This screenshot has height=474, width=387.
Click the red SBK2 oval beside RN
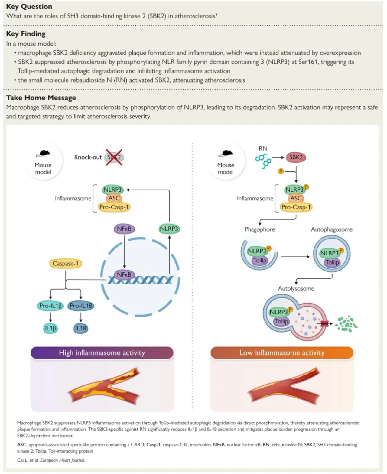[x=296, y=157]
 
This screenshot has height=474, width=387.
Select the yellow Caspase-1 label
[x=65, y=264]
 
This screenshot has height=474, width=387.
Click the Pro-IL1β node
[x=50, y=306]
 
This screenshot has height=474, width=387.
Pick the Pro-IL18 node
[x=81, y=306]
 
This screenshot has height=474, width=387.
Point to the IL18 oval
[x=81, y=328]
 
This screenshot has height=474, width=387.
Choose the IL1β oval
[x=50, y=328]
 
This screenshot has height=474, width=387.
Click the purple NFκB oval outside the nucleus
[x=124, y=229]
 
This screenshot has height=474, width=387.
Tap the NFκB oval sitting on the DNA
[x=124, y=275]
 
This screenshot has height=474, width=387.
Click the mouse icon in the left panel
[x=43, y=154]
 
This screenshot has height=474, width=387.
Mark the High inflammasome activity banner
[x=102, y=353]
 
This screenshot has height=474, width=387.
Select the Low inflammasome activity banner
[x=282, y=353]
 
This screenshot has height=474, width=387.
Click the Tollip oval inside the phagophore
[x=260, y=260]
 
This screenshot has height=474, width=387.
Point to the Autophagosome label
[x=332, y=229]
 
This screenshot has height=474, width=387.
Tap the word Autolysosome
[x=296, y=288]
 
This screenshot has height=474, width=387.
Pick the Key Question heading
[x=29, y=7]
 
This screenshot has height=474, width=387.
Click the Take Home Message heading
[x=41, y=98]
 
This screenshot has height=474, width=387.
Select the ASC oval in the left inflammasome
[x=114, y=198]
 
